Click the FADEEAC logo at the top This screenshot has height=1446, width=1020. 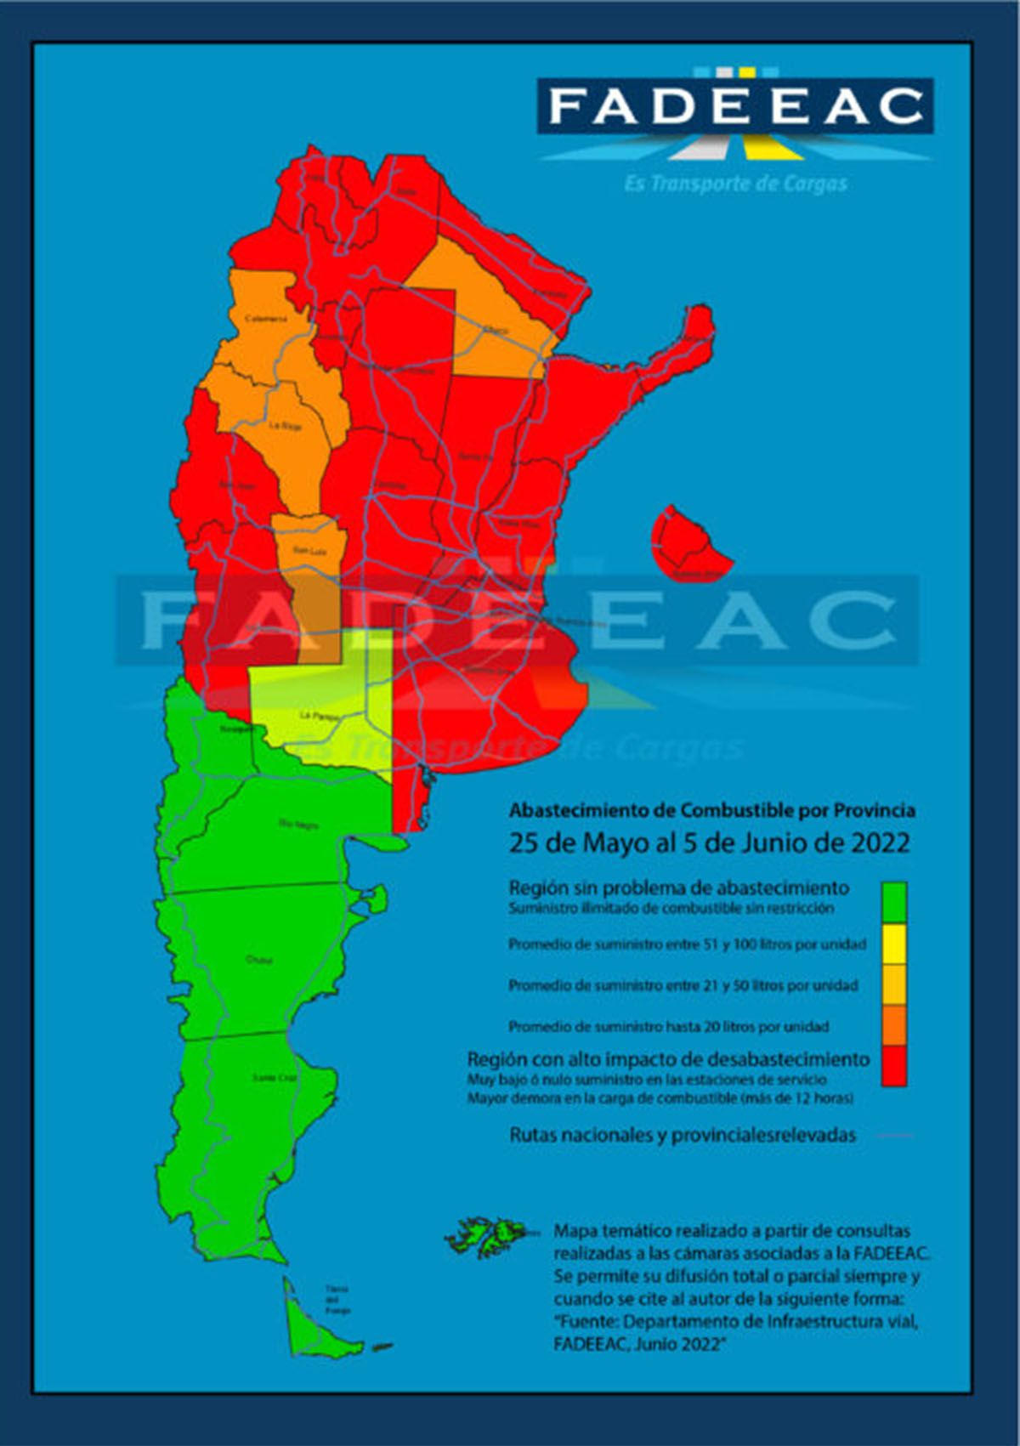click(x=735, y=106)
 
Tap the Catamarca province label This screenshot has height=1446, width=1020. click(x=266, y=319)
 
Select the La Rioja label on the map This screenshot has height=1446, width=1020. click(x=285, y=425)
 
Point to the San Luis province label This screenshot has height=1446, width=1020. click(x=309, y=551)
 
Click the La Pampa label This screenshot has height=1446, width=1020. click(x=319, y=716)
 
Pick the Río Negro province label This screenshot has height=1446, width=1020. click(x=298, y=823)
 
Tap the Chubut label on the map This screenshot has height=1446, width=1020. click(x=259, y=960)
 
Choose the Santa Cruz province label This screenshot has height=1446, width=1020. click(x=275, y=1078)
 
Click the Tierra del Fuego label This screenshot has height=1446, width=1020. click(x=337, y=1300)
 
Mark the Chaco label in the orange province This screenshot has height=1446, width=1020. click(x=496, y=330)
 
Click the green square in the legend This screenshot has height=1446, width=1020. click(x=893, y=901)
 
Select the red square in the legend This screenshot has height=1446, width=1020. click(x=893, y=1066)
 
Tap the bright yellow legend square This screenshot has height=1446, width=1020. click(x=893, y=943)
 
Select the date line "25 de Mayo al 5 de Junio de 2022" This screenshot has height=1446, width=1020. click(x=710, y=842)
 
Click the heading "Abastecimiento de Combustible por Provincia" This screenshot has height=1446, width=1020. click(x=712, y=809)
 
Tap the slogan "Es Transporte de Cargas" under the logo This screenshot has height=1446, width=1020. click(x=735, y=184)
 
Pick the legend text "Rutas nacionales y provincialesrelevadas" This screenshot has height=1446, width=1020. click(x=683, y=1135)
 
